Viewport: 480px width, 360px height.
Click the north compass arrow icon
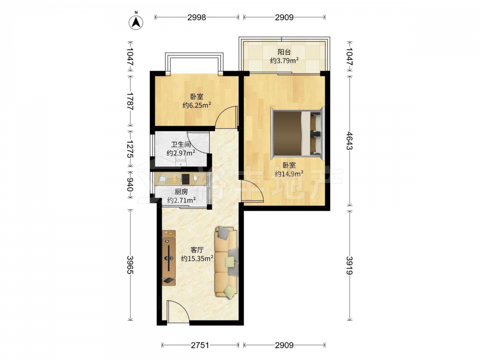coord(136,21)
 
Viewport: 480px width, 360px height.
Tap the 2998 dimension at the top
coord(196,17)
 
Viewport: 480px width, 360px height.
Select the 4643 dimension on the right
coord(349,141)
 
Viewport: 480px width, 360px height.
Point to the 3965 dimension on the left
coord(130,265)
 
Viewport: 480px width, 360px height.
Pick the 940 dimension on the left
coord(130,185)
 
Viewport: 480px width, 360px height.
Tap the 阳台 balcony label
coord(284,52)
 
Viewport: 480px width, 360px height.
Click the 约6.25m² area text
coord(197,105)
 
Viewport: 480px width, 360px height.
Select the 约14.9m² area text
coord(289,174)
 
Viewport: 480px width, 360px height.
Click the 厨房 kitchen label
coord(181,192)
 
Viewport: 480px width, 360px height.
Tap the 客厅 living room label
coord(197,250)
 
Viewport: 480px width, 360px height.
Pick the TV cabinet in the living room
coord(168,258)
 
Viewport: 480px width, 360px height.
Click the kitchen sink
coord(162,178)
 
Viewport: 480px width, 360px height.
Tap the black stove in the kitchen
coord(185,179)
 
